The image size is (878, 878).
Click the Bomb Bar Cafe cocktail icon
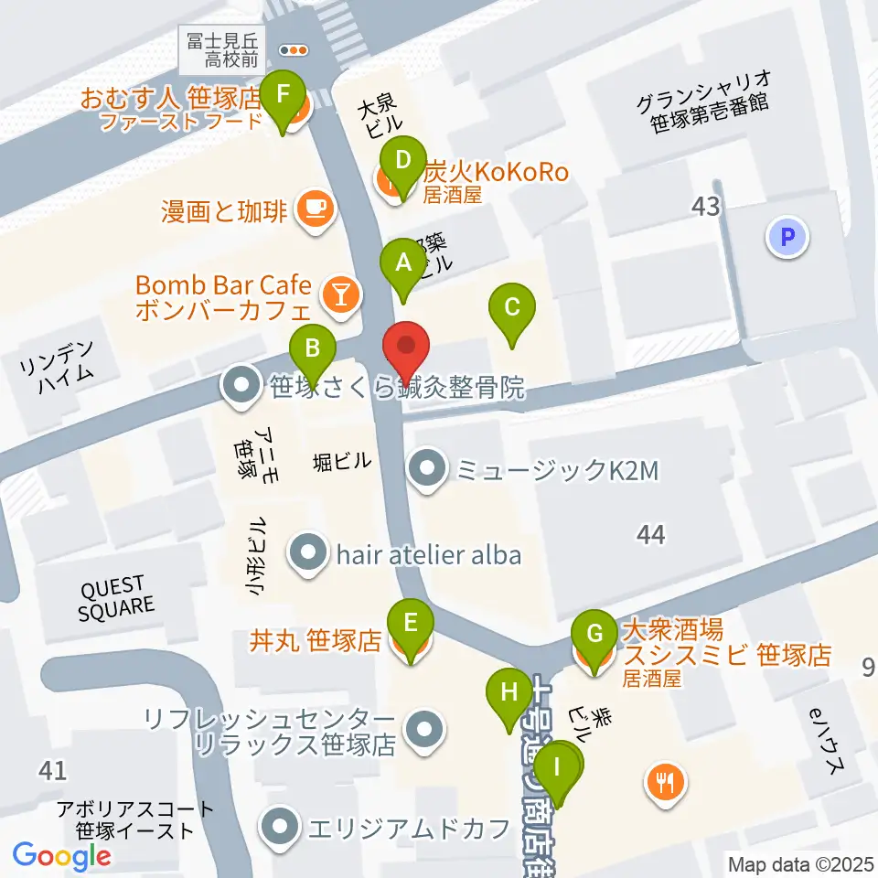[x=340, y=294]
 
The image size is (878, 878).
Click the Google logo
[x=62, y=856]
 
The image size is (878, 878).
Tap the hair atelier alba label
[x=428, y=553]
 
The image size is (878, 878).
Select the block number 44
[x=652, y=535]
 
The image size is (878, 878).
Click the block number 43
[x=706, y=207]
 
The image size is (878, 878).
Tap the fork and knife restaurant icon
[x=664, y=782]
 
